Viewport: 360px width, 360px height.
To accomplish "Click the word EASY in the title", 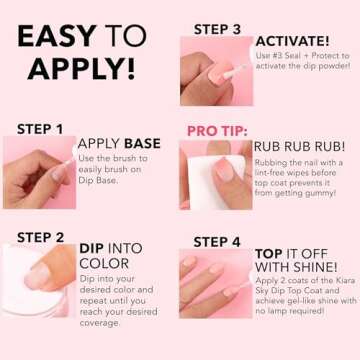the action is (57, 36).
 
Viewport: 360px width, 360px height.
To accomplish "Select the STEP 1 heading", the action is (40, 129).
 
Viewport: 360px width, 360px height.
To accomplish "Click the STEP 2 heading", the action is (40, 238).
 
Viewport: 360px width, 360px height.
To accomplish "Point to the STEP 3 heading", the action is (217, 29).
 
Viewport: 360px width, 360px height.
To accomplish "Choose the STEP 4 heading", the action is (217, 242).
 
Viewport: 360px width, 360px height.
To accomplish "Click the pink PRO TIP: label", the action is (217, 131).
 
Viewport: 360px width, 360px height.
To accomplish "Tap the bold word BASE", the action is (142, 144).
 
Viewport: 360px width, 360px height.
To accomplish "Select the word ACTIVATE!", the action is (292, 41).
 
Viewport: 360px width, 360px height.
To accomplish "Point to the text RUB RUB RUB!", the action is (300, 147).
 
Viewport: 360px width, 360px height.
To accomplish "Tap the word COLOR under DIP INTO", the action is (104, 264).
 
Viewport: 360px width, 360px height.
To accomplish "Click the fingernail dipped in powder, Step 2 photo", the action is (37, 276).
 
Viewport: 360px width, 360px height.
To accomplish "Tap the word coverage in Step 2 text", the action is (99, 323).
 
